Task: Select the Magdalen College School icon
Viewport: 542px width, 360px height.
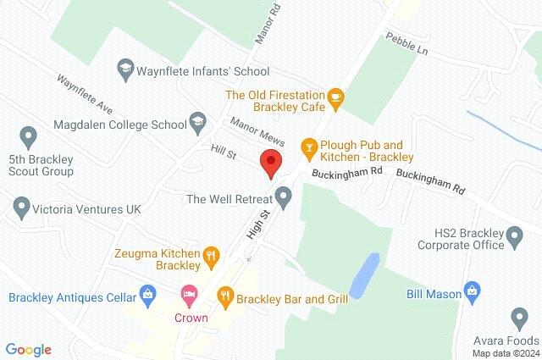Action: (198, 120)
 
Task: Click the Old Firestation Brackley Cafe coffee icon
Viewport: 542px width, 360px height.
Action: (335, 97)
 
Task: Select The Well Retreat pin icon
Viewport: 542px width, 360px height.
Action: (285, 198)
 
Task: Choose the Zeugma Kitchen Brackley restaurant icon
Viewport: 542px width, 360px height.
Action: (212, 254)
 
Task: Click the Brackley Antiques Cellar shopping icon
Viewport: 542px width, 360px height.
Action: (150, 296)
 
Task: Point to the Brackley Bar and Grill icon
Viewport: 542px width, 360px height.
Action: (225, 296)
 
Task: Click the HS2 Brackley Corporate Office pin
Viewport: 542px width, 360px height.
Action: (513, 236)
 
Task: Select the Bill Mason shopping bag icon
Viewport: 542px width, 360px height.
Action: (473, 293)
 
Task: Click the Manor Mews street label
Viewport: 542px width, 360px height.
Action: (257, 131)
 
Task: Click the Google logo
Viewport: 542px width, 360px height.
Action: (28, 349)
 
